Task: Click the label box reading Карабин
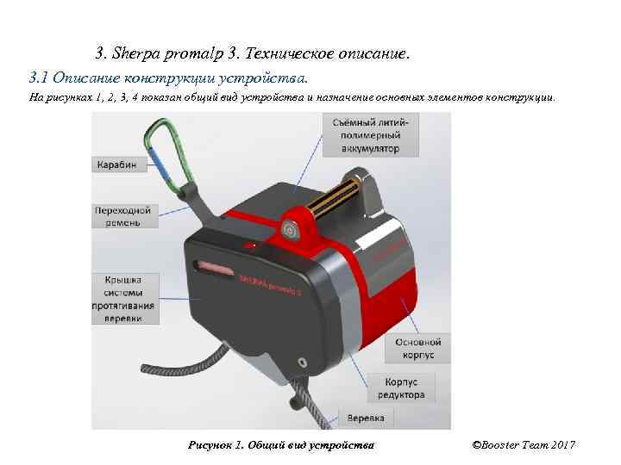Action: pos(116,164)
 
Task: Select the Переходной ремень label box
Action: pos(123,215)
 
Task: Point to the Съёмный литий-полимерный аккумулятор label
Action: pos(372,135)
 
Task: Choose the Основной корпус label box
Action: pos(418,348)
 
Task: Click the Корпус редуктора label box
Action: pos(401,387)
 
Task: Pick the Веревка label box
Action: pos(366,418)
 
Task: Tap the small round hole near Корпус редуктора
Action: pos(301,358)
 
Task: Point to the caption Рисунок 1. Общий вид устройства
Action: pos(280,444)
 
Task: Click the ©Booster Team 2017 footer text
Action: pos(524,444)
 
